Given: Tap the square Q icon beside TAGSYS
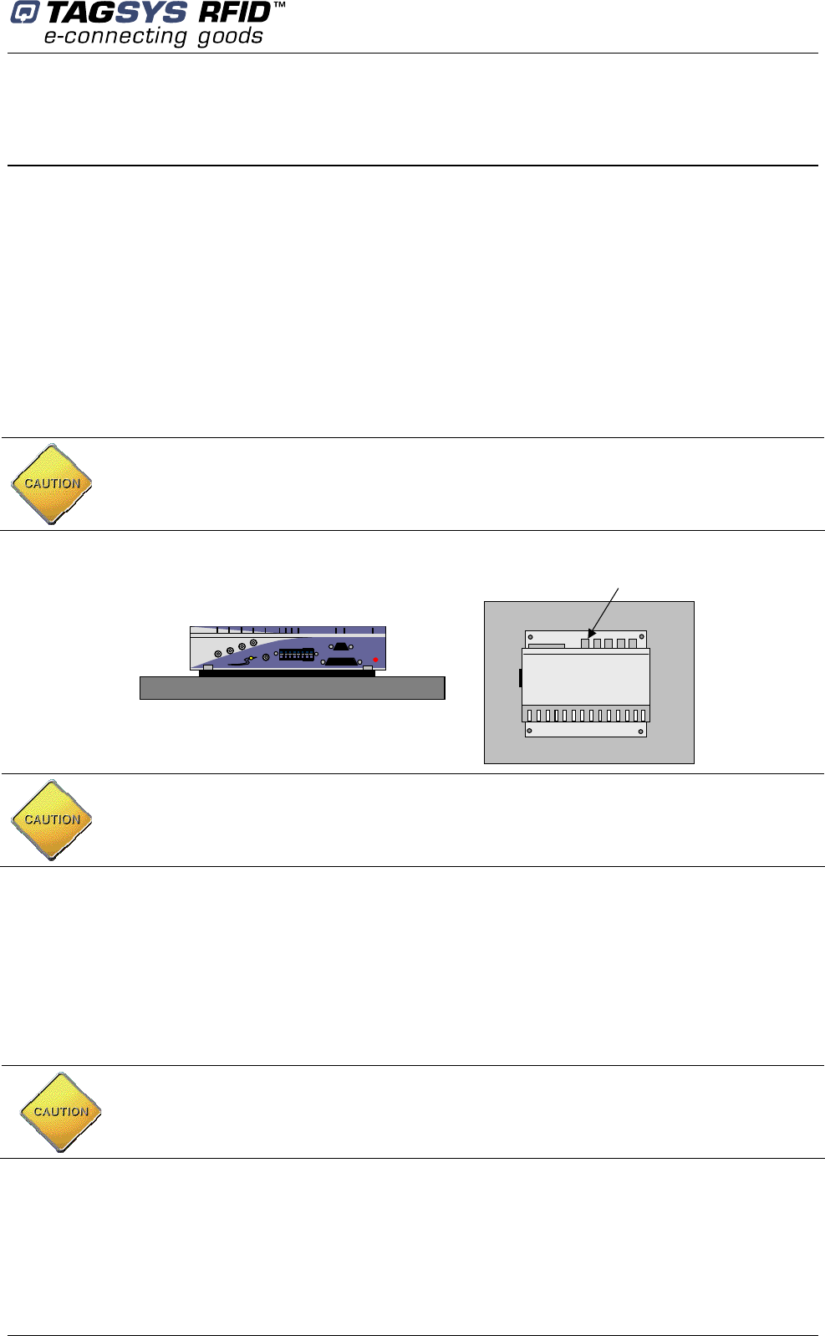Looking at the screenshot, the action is [x=23, y=14].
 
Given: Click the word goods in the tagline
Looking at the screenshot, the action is [x=231, y=37].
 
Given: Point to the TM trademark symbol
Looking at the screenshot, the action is [x=279, y=6].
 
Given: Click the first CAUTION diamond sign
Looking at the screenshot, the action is [x=52, y=484].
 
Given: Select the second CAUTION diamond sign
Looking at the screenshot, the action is [x=52, y=820].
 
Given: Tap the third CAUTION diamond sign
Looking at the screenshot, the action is [x=61, y=1113].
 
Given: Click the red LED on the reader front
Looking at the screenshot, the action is [x=375, y=660].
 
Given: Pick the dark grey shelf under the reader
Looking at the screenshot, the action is [x=292, y=688].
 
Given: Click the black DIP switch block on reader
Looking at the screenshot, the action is [x=297, y=655].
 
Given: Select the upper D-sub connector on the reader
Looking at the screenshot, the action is [x=341, y=646].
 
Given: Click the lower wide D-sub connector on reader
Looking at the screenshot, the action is [x=342, y=661].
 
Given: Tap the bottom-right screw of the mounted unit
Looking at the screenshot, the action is [x=641, y=732].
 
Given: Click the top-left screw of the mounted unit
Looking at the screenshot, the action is [x=530, y=637].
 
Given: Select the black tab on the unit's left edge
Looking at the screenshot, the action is [x=520, y=677].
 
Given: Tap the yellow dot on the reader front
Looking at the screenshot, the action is [x=252, y=658].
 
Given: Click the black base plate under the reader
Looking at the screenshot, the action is [x=287, y=673].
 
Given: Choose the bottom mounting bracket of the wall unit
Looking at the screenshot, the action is [x=585, y=730].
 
